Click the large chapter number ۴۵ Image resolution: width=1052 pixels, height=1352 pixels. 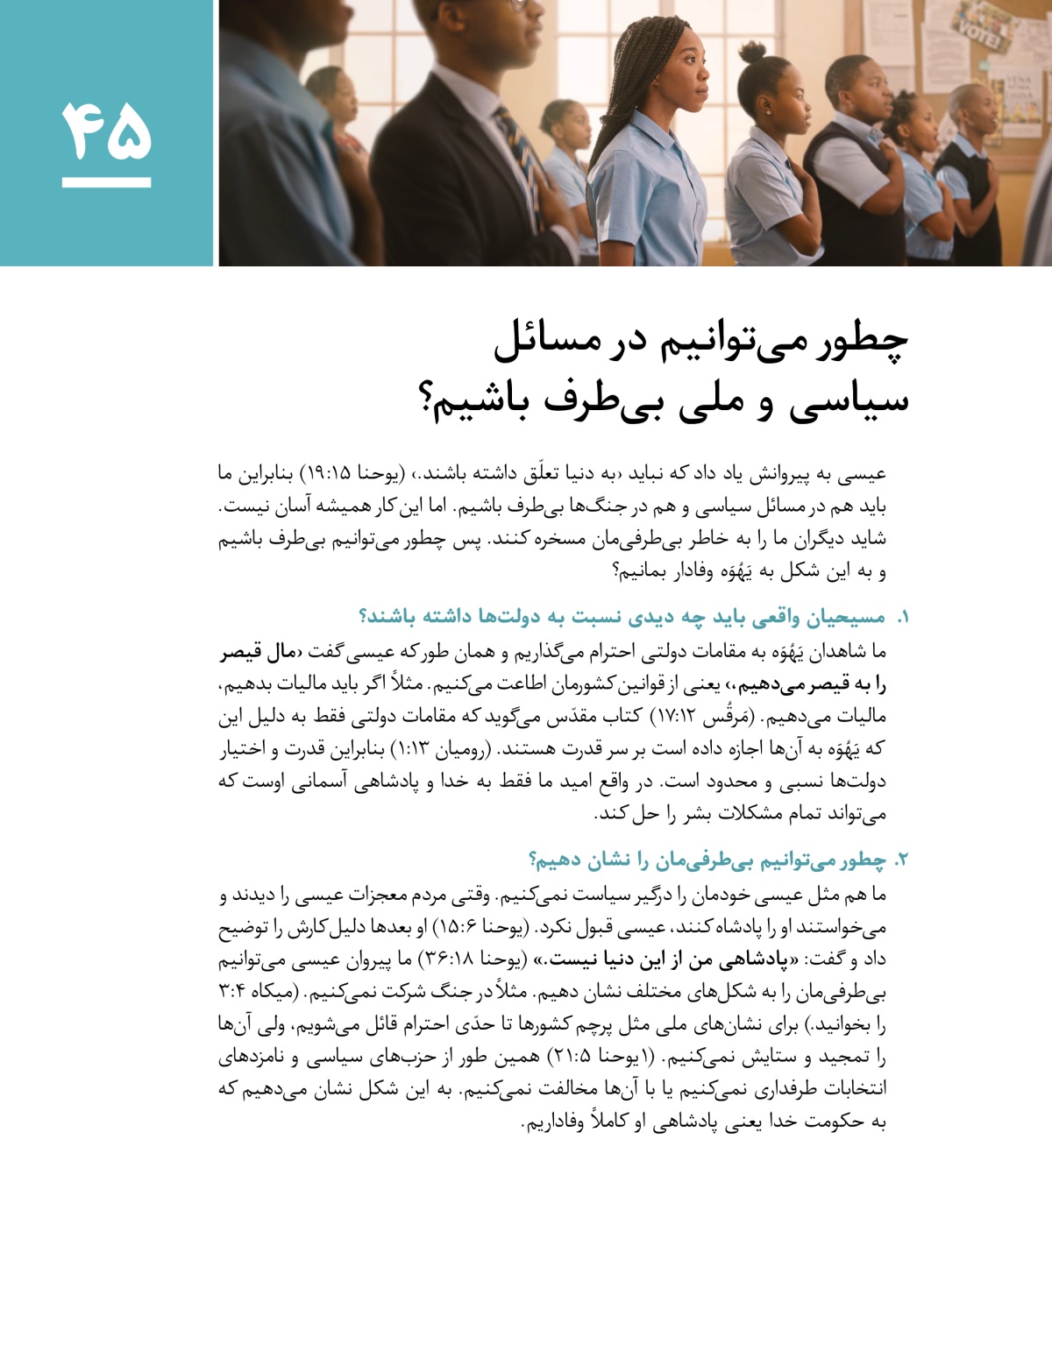point(106,131)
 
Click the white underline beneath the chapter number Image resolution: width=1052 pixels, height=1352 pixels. point(106,182)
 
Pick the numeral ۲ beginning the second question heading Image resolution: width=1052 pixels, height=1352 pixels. point(902,860)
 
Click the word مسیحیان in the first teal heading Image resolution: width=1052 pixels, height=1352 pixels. point(846,618)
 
